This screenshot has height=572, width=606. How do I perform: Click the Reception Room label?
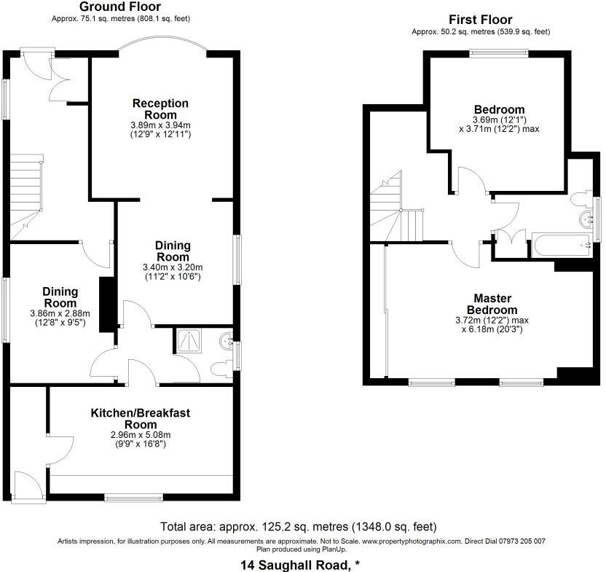pyautogui.click(x=160, y=109)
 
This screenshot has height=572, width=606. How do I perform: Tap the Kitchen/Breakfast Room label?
pyautogui.click(x=141, y=418)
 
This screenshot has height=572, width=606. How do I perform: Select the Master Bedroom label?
pyautogui.click(x=493, y=305)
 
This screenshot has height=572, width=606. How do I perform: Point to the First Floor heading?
pyautogui.click(x=480, y=20)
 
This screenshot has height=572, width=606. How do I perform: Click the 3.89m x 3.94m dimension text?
pyautogui.click(x=160, y=125)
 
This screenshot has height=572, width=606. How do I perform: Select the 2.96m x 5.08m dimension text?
pyautogui.click(x=141, y=435)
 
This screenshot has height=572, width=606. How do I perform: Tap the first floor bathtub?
pyautogui.click(x=561, y=246)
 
